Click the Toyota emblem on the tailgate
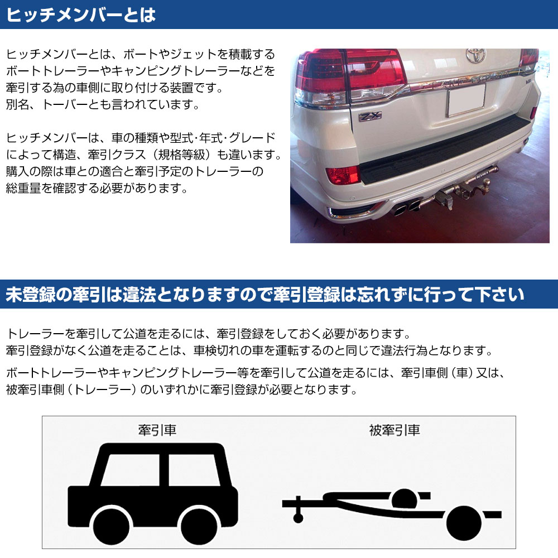pyautogui.click(x=476, y=55)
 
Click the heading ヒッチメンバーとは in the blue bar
pyautogui.click(x=81, y=15)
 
